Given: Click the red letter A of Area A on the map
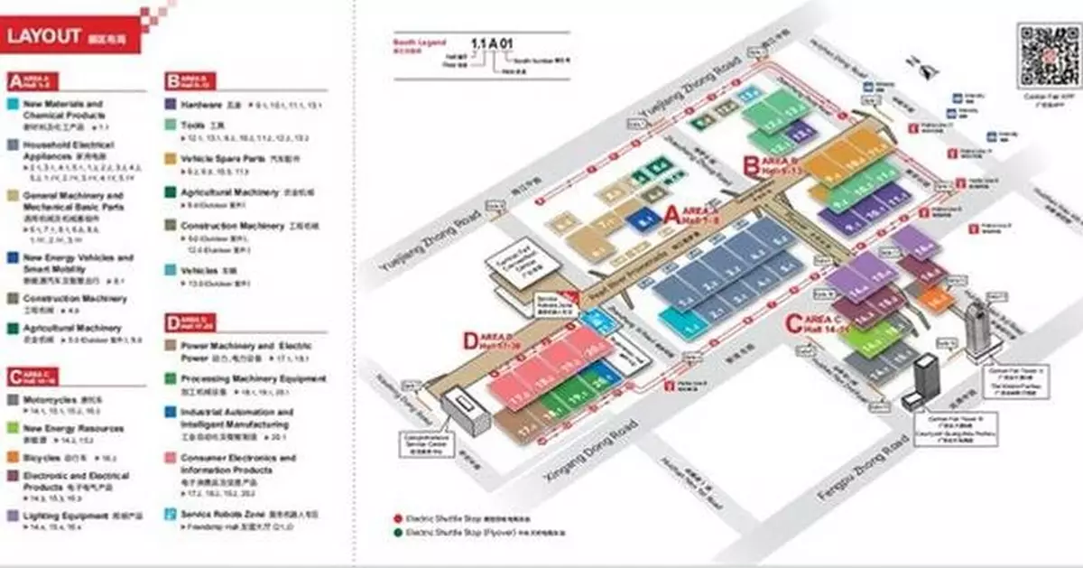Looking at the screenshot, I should tap(671, 213).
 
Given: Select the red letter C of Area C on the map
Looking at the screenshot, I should tap(793, 321).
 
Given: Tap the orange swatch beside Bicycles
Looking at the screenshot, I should tap(13, 458).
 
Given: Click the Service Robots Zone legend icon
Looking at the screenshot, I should tap(172, 514).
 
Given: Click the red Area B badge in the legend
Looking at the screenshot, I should tap(171, 81).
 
